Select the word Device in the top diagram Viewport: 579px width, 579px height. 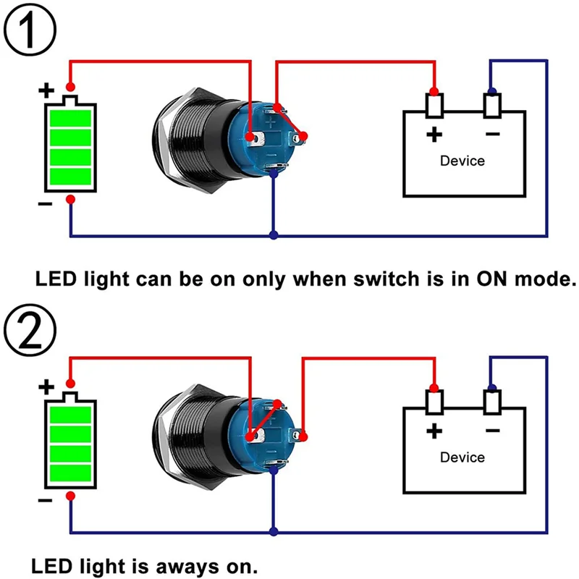tap(462, 161)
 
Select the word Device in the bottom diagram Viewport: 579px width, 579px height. tap(462, 457)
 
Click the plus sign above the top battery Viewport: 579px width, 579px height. tap(46, 90)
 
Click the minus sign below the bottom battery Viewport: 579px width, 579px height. tap(45, 501)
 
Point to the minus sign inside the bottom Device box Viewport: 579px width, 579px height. tap(493, 431)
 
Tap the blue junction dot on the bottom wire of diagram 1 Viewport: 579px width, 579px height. tap(273, 235)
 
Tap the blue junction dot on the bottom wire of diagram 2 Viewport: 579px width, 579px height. tap(273, 533)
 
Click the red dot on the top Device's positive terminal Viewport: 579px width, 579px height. tap(434, 90)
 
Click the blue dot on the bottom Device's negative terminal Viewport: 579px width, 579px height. tap(492, 386)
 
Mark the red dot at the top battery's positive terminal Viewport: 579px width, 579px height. tap(70, 87)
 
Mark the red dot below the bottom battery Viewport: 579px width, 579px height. tap(70, 495)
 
